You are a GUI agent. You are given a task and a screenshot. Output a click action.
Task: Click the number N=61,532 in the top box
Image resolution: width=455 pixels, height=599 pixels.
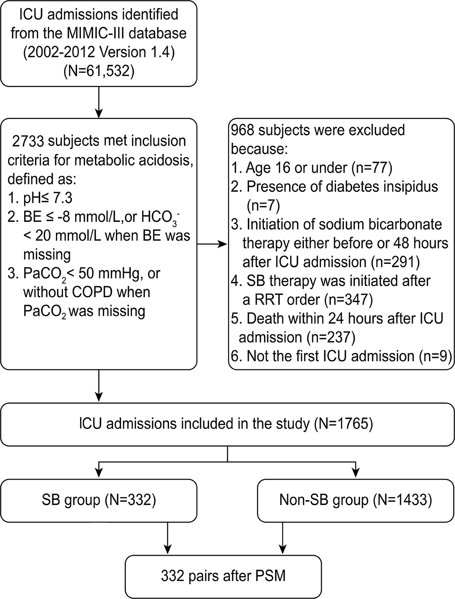99,71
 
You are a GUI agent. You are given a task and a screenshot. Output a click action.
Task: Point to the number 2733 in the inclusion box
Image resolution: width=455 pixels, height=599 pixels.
28,141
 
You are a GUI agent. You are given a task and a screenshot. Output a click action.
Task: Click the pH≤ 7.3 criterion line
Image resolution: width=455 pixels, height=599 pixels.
40,198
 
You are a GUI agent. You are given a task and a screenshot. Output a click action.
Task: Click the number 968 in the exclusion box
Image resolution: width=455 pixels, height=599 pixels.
242,130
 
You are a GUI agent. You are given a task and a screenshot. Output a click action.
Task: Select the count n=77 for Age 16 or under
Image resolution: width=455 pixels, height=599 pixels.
372,168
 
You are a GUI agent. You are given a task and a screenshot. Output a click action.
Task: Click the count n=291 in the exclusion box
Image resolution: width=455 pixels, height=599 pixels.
395,262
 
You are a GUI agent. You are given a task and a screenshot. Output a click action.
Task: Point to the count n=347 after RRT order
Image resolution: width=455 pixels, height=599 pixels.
349,300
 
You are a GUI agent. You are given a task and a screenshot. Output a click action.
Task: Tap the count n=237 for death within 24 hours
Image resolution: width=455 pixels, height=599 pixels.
331,338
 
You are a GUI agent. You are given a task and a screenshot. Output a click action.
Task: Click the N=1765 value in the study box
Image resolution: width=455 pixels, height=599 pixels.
344,423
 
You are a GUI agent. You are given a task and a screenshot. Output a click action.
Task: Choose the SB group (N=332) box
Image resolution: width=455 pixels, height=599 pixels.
98,499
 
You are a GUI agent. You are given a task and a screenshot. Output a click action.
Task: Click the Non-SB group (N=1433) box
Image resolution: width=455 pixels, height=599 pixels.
356,499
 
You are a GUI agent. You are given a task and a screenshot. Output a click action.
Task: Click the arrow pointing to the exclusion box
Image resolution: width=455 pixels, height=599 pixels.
212,244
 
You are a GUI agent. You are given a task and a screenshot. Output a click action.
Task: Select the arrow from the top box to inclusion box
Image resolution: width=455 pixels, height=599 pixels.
98,102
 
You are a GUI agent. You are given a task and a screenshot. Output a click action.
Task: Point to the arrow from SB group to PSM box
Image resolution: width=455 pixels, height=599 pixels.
167,537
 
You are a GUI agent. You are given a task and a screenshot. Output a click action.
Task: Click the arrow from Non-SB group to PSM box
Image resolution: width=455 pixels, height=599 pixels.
283,537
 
